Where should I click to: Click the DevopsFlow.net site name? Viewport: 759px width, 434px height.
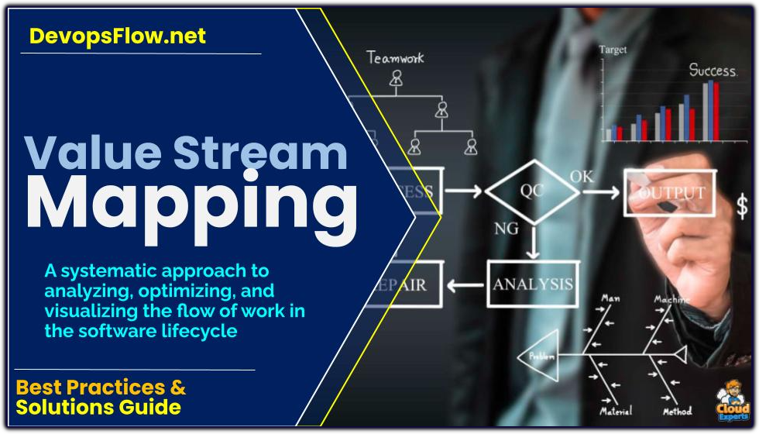[x=118, y=36]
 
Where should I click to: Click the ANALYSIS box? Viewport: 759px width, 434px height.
[x=533, y=283]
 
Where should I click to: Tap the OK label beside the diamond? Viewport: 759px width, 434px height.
[x=582, y=176]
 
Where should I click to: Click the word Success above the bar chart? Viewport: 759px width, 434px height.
[x=713, y=70]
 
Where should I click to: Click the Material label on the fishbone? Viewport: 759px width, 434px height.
[x=616, y=410]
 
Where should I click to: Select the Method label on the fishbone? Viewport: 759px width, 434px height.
[x=677, y=410]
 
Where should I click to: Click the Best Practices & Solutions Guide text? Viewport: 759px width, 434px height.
[x=101, y=396]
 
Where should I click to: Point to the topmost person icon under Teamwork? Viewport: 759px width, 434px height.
[x=397, y=77]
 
